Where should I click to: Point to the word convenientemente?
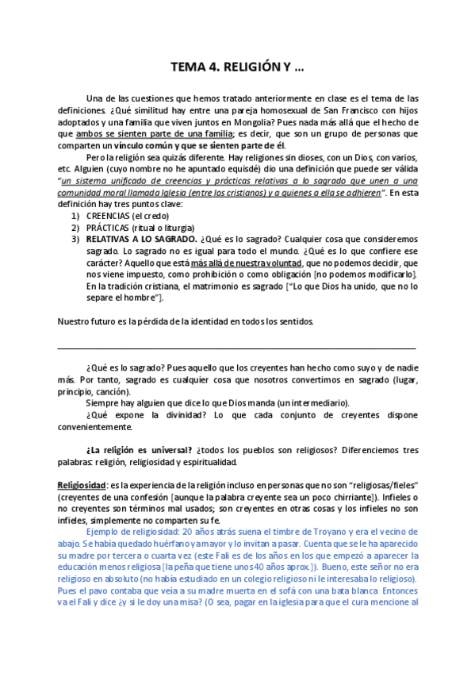click(98, 426)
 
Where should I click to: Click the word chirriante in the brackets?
click(297, 497)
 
